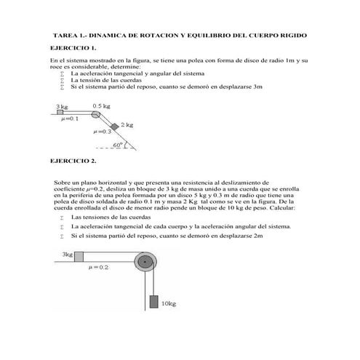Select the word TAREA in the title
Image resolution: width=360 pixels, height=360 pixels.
pos(67,34)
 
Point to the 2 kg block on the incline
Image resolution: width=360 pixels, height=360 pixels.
pos(114,126)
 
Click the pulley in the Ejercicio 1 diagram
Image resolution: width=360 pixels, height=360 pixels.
pos(97,113)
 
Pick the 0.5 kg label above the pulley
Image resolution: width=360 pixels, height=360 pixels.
pos(101,105)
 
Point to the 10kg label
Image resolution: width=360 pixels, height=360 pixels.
pos(169,303)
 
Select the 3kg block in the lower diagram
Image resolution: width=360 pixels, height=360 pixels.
pos(78,255)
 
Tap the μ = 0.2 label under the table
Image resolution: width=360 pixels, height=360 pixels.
pos(97,268)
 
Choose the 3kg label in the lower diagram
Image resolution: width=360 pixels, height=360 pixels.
pos(67,255)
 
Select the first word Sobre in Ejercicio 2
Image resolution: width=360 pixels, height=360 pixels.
pos(63,183)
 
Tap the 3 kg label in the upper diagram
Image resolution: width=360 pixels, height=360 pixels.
pos(60,106)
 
